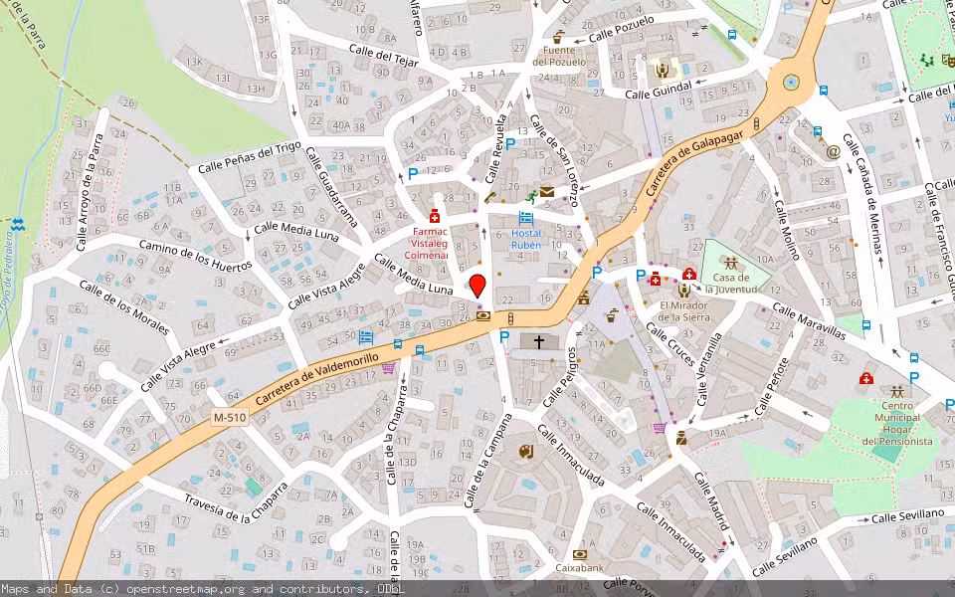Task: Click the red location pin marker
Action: [477, 286]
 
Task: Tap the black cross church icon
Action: [539, 341]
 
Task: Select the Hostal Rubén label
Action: [526, 239]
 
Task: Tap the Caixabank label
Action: [580, 568]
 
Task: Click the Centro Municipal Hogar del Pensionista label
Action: [897, 423]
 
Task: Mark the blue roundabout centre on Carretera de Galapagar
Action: [791, 82]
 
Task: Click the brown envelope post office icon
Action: [547, 191]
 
